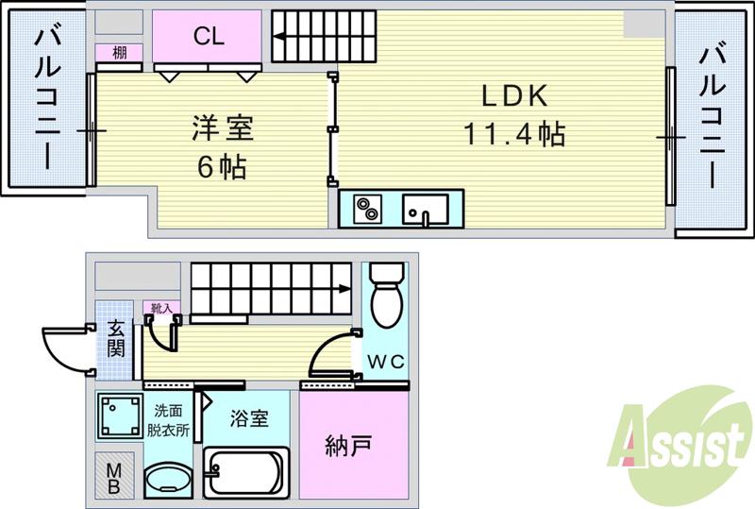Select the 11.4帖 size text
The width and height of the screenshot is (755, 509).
click(513, 135)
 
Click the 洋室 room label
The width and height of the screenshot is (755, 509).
click(223, 127)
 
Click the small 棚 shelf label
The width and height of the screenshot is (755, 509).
click(119, 53)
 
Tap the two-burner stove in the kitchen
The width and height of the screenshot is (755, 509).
click(364, 208)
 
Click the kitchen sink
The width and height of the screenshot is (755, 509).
click(421, 208)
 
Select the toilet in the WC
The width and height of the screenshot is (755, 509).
click(385, 297)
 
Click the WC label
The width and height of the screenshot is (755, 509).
click(385, 361)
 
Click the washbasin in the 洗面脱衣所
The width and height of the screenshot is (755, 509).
click(169, 480)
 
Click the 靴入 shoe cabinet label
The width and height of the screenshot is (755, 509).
click(159, 307)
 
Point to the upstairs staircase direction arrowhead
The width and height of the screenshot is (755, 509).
click(280, 39)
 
